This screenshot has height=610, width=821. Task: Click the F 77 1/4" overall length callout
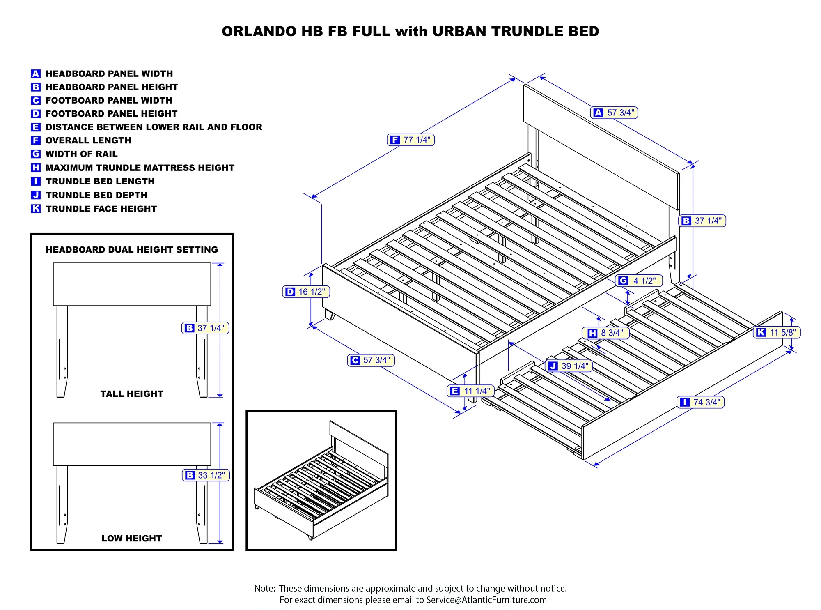pyautogui.click(x=410, y=140)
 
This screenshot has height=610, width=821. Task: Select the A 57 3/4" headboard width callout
pyautogui.click(x=614, y=113)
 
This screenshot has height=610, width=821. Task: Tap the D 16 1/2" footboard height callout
pyautogui.click(x=306, y=292)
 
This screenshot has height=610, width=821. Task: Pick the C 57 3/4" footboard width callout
pyautogui.click(x=371, y=360)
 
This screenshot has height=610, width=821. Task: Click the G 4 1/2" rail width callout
pyautogui.click(x=639, y=281)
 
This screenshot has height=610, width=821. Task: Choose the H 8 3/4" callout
pyautogui.click(x=605, y=333)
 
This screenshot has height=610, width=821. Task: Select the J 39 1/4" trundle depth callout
pyautogui.click(x=569, y=366)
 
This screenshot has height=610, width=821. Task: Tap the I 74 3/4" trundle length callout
pyautogui.click(x=700, y=402)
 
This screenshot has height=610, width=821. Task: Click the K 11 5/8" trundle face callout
pyautogui.click(x=777, y=332)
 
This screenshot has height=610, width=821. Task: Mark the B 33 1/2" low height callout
pyautogui.click(x=206, y=475)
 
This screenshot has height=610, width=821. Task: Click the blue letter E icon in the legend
pyautogui.click(x=36, y=127)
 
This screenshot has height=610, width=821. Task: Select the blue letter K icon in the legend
pyautogui.click(x=36, y=209)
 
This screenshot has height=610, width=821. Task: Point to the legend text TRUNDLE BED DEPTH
pyautogui.click(x=96, y=195)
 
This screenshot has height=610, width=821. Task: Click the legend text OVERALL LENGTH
pyautogui.click(x=88, y=140)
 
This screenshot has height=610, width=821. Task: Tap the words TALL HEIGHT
pyautogui.click(x=132, y=394)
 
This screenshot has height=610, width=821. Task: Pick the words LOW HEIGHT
pyautogui.click(x=132, y=539)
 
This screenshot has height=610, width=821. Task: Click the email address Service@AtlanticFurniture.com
pyautogui.click(x=486, y=600)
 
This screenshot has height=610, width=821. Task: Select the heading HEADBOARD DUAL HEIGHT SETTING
pyautogui.click(x=132, y=250)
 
